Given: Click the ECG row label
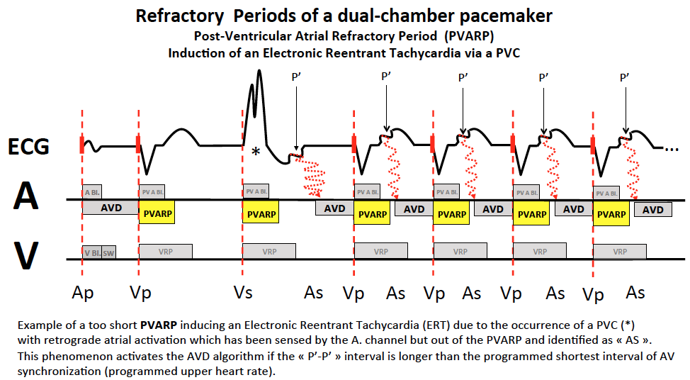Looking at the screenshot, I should tap(29, 147).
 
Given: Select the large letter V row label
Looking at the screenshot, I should tap(26, 257).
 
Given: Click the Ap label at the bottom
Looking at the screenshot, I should tap(83, 293).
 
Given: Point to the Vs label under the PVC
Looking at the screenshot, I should tap(243, 293).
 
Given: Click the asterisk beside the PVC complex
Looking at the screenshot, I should tap(256, 152).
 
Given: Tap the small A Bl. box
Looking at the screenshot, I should tap(92, 192).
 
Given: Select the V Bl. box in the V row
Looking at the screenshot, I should tap(91, 252).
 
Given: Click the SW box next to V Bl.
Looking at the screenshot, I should tap(108, 252).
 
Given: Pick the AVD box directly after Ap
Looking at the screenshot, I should tap(111, 208).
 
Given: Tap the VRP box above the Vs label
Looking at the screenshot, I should tap(269, 251).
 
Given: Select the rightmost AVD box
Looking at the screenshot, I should tap(652, 210).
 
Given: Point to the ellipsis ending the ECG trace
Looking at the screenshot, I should tap(672, 149).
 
